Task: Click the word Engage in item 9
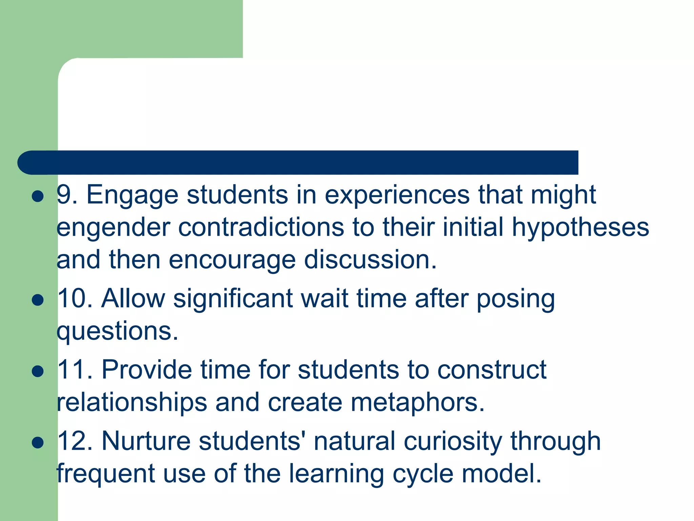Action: [x=132, y=196]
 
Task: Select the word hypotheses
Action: [x=580, y=228]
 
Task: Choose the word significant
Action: [x=233, y=299]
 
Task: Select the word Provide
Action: [x=147, y=370]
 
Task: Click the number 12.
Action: [x=75, y=441]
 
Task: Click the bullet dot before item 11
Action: [x=38, y=371]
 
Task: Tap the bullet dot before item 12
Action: [x=38, y=442]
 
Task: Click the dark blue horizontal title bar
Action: [x=298, y=162]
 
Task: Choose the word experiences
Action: [x=397, y=196]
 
